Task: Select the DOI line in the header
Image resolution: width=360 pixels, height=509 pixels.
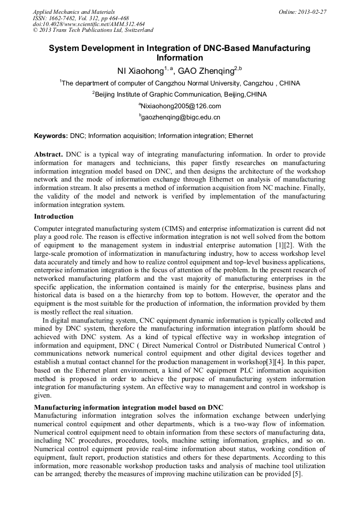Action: pyautogui.click(x=89, y=24)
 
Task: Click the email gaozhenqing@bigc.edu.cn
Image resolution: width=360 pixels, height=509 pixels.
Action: pyautogui.click(x=180, y=117)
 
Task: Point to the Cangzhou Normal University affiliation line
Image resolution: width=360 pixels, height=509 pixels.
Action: pyautogui.click(x=180, y=83)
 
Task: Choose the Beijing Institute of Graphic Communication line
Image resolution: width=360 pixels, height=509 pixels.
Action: pyautogui.click(x=180, y=94)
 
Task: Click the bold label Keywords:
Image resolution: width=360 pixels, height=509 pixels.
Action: pyautogui.click(x=50, y=136)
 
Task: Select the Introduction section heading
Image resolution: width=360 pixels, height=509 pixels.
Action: pyautogui.click(x=54, y=217)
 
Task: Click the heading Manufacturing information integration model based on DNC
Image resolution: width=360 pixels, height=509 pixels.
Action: pyautogui.click(x=128, y=407)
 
